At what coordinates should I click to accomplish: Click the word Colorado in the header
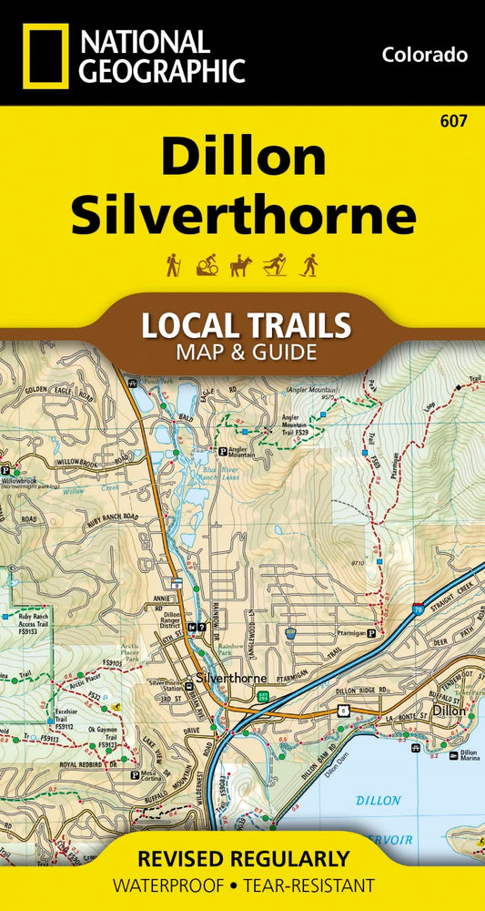(425, 55)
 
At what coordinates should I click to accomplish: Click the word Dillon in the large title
(243, 158)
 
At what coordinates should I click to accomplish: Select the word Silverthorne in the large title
(243, 216)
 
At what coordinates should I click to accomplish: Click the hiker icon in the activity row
(173, 265)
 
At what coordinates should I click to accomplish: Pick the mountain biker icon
(207, 265)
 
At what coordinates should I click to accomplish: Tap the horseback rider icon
(241, 265)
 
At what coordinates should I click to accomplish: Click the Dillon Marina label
(469, 754)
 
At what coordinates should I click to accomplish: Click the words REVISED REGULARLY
(243, 858)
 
